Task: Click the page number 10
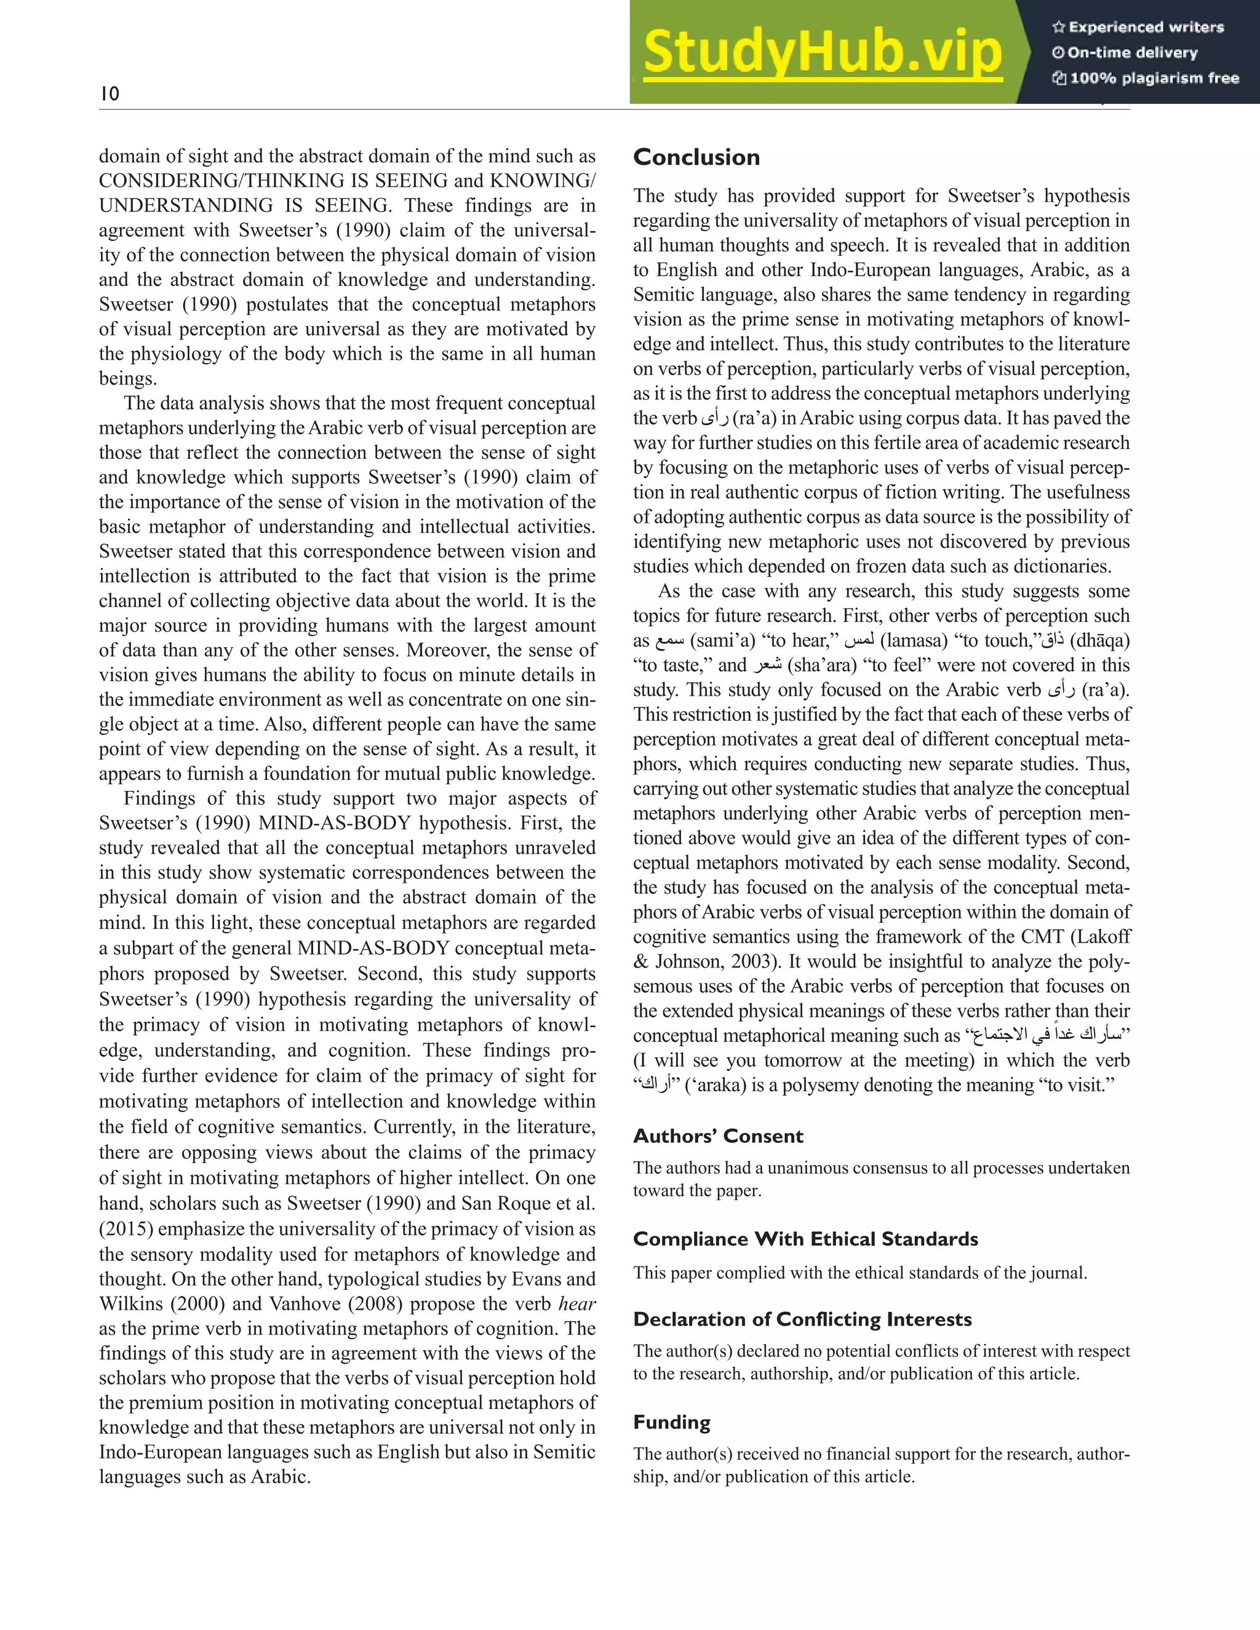[109, 94]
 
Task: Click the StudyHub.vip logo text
[822, 53]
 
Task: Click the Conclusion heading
[696, 157]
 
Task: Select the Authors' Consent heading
[717, 1137]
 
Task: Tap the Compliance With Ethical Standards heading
[805, 1239]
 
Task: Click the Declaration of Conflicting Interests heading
[802, 1319]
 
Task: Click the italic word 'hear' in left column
[577, 1305]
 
